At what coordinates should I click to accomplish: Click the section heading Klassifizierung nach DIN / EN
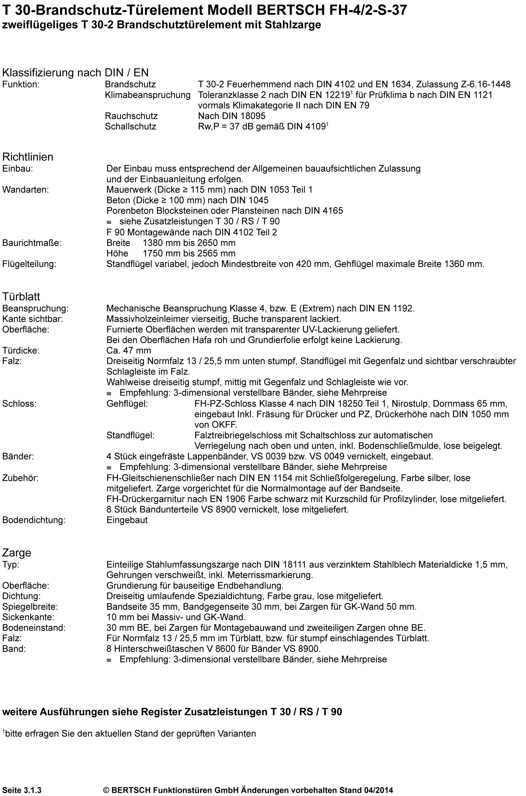[75, 73]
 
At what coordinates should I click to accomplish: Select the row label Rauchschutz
[131, 116]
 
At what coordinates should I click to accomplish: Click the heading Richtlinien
[28, 157]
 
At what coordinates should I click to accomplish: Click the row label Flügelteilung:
[29, 264]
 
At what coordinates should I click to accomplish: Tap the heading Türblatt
[21, 297]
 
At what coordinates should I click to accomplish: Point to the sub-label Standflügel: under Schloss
[130, 435]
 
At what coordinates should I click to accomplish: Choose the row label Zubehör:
[21, 478]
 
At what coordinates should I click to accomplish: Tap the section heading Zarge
[17, 553]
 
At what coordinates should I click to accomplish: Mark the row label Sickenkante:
[28, 617]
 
